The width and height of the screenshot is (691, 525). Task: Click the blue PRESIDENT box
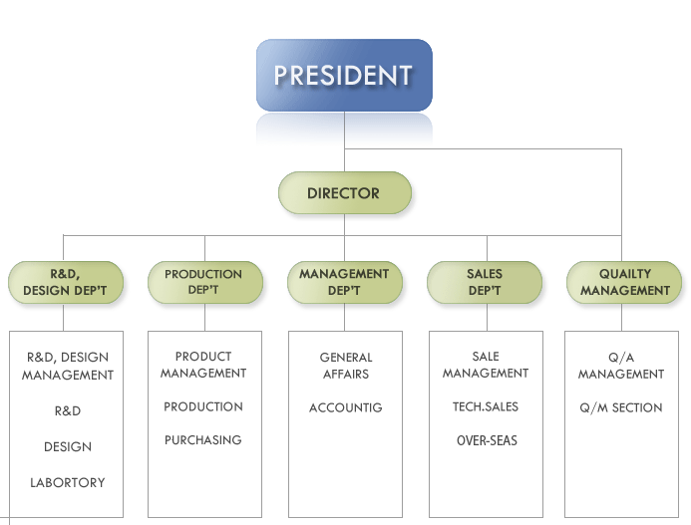pyautogui.click(x=344, y=75)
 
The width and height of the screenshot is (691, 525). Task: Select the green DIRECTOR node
pyautogui.click(x=344, y=193)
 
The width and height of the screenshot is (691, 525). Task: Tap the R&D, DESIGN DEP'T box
pyautogui.click(x=65, y=282)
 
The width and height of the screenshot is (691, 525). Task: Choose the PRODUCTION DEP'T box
pyautogui.click(x=204, y=282)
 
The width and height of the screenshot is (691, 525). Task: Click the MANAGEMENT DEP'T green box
pyautogui.click(x=344, y=282)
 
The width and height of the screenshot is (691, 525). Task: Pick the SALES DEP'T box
pyautogui.click(x=485, y=282)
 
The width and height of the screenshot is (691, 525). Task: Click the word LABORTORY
pyautogui.click(x=68, y=483)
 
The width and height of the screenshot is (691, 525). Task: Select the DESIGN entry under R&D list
pyautogui.click(x=68, y=447)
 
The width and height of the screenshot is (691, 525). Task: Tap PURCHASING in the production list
pyautogui.click(x=203, y=440)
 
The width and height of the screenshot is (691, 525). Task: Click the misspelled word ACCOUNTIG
pyautogui.click(x=345, y=408)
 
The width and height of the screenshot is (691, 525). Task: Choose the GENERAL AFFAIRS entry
pyautogui.click(x=345, y=366)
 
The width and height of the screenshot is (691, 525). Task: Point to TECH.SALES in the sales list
pyautogui.click(x=486, y=406)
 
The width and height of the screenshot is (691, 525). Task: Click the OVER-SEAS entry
pyautogui.click(x=487, y=440)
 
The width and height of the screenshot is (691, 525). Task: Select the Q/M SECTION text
pyautogui.click(x=621, y=408)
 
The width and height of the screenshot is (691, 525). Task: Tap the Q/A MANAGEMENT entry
pyautogui.click(x=621, y=366)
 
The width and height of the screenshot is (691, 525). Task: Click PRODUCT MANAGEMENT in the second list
pyautogui.click(x=203, y=365)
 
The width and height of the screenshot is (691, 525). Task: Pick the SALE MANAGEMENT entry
pyautogui.click(x=486, y=365)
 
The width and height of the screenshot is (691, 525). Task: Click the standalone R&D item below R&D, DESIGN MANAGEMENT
pyautogui.click(x=68, y=410)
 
